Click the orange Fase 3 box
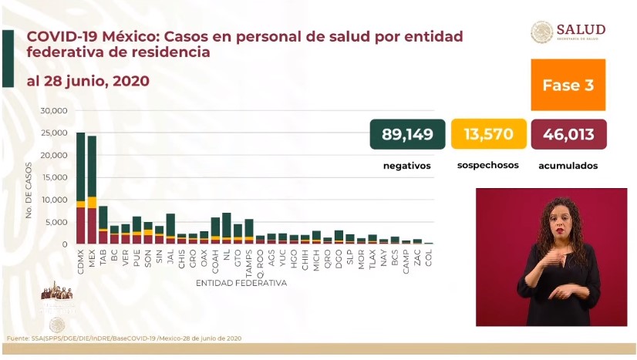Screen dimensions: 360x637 568,85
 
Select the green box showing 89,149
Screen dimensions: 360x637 407,135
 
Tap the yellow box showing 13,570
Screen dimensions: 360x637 488,135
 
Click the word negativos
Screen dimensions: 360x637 406,166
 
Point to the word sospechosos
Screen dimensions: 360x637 487,165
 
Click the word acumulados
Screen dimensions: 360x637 568,166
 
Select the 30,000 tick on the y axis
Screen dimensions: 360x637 53,111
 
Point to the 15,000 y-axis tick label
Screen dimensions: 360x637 53,177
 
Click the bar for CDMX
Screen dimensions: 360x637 81,188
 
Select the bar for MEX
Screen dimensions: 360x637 92,190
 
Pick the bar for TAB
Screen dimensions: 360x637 103,225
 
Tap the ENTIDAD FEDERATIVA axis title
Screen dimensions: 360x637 241,284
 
